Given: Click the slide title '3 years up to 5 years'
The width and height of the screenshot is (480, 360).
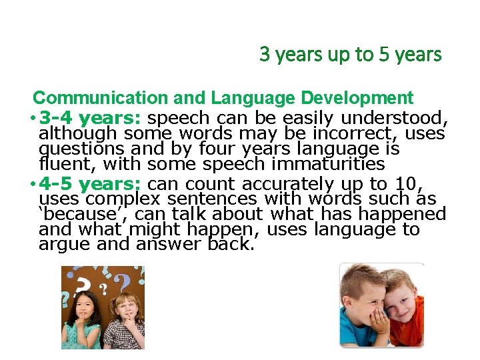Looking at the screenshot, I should (x=351, y=55).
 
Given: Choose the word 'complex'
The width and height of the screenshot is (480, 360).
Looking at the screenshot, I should (x=126, y=199).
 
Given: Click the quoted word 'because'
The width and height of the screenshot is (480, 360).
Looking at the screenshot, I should (x=75, y=214).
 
